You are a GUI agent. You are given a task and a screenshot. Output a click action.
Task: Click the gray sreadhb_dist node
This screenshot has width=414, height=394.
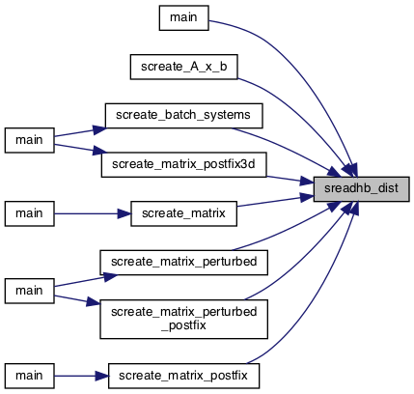(362, 189)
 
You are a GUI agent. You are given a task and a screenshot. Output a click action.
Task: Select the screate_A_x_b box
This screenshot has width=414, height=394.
(184, 67)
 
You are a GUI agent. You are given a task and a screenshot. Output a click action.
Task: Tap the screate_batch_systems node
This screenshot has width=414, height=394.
(183, 116)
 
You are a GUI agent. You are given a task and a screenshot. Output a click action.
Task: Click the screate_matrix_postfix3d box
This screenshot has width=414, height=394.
(184, 164)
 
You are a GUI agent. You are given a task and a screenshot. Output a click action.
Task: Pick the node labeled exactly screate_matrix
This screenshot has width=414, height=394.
(183, 213)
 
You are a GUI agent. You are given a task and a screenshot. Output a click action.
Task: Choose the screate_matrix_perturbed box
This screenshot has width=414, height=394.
(183, 263)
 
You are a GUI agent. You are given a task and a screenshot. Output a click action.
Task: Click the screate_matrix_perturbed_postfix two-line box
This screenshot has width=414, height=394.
(183, 319)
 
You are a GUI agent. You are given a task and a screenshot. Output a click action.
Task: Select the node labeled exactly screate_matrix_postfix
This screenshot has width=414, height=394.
(183, 376)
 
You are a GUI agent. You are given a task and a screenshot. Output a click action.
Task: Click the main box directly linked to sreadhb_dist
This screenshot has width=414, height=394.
(184, 17)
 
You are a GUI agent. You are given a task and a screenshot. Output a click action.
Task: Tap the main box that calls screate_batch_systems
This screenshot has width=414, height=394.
(29, 140)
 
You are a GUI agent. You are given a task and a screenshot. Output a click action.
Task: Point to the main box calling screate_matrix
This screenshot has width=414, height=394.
(29, 213)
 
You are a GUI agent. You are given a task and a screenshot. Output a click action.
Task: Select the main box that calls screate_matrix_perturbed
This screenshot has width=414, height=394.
(29, 291)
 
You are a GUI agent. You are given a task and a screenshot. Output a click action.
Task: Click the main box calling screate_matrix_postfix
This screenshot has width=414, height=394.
(29, 376)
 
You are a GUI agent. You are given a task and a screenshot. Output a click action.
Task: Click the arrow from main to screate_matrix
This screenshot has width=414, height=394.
(93, 213)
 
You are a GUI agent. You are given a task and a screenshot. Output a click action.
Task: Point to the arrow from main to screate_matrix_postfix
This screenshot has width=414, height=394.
(81, 376)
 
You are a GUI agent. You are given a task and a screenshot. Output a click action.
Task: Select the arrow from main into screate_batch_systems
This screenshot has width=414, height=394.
(80, 132)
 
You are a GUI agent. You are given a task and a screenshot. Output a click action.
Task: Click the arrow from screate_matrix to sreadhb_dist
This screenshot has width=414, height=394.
(275, 201)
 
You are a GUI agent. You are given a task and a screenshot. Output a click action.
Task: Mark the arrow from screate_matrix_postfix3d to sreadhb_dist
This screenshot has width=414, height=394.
(290, 180)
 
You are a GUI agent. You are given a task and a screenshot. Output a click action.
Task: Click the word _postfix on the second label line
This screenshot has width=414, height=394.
(183, 325)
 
